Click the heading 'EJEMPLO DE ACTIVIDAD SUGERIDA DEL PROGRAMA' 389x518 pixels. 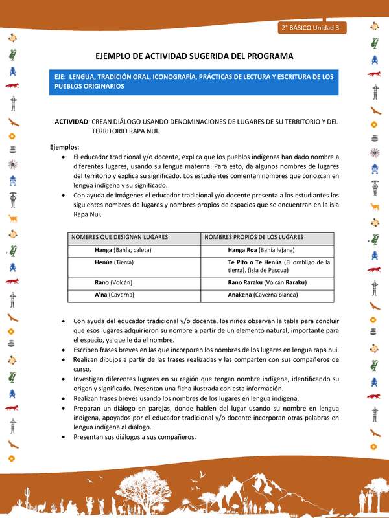point(194,56)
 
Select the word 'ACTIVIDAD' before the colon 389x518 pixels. point(71,122)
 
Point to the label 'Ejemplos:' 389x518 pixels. point(65,147)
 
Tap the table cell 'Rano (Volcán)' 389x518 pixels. point(115,283)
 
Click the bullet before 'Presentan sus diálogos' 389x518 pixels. point(62,437)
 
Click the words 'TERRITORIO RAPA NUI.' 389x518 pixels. point(125,131)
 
